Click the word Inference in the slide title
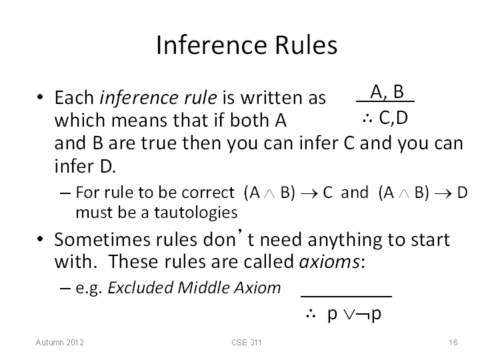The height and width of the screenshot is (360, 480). point(212,45)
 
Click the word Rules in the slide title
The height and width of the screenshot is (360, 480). point(306,45)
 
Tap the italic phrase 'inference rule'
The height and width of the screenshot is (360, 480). point(158,97)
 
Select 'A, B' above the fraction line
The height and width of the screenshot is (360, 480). point(387,91)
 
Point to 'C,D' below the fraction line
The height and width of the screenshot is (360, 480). point(393,117)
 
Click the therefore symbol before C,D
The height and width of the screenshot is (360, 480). point(367,119)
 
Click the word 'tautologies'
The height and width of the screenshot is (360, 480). point(195,213)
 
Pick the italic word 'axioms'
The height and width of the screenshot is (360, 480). point(329,262)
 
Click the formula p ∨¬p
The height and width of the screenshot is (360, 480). point(354,314)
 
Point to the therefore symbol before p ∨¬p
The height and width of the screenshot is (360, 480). point(311,314)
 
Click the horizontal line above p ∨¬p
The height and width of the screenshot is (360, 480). point(346,296)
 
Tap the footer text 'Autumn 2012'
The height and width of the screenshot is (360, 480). point(60,342)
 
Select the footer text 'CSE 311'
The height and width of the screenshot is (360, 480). point(247,342)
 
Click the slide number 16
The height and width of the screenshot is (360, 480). point(453,342)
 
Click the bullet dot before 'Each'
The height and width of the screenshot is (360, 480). point(40,97)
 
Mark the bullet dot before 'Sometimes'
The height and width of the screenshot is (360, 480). point(40,239)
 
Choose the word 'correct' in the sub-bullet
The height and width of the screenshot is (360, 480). point(208,193)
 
